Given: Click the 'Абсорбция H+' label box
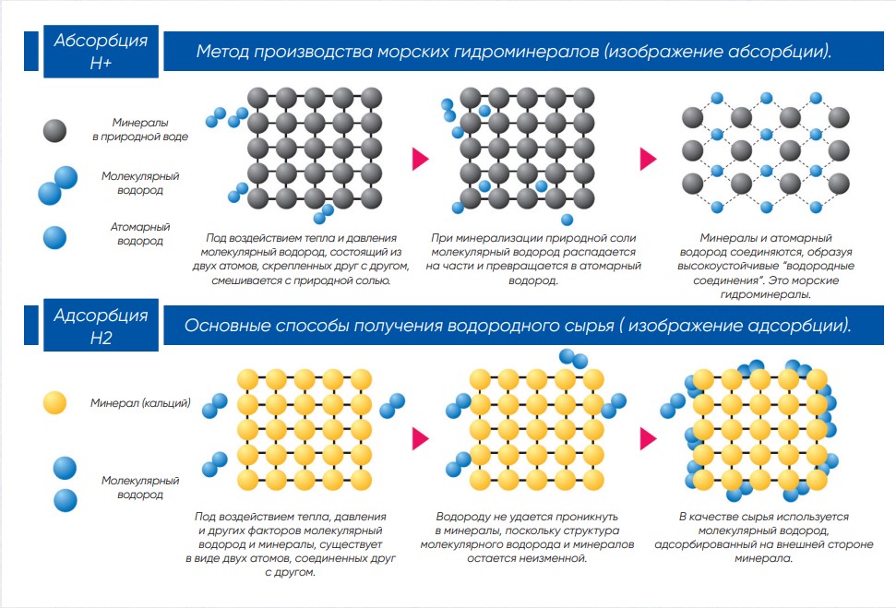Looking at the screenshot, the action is (102, 52).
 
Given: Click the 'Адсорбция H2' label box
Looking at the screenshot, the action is (102, 326).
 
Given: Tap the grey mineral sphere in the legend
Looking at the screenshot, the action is (54, 131).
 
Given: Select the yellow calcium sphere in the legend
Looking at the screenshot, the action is (54, 403).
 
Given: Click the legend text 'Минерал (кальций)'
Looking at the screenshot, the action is (140, 403).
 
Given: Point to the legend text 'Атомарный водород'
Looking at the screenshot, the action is (140, 233).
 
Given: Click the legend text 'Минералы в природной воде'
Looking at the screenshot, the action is (140, 129).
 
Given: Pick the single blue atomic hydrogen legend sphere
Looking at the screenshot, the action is (54, 238).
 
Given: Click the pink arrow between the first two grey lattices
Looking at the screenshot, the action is (420, 159).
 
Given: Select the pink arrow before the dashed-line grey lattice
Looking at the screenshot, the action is (648, 159).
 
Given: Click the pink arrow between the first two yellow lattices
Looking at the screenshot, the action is (420, 438).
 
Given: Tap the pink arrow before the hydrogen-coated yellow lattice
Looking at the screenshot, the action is (648, 438).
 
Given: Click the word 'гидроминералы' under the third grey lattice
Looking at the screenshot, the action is (766, 294).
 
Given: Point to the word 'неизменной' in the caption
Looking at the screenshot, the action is (553, 558).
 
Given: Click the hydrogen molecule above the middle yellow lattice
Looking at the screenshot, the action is (573, 358).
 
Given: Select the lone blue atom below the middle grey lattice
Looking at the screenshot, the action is (567, 220).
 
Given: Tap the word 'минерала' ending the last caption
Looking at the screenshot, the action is (764, 558).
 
